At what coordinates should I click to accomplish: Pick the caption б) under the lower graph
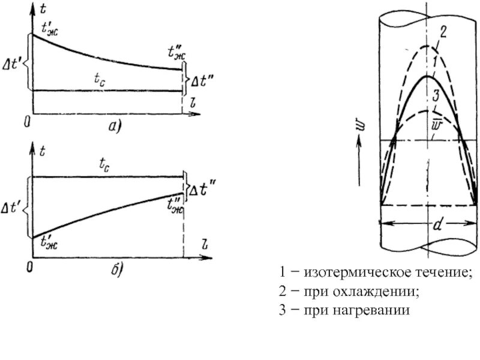click(x=116, y=271)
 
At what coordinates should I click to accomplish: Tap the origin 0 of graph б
click(x=28, y=266)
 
